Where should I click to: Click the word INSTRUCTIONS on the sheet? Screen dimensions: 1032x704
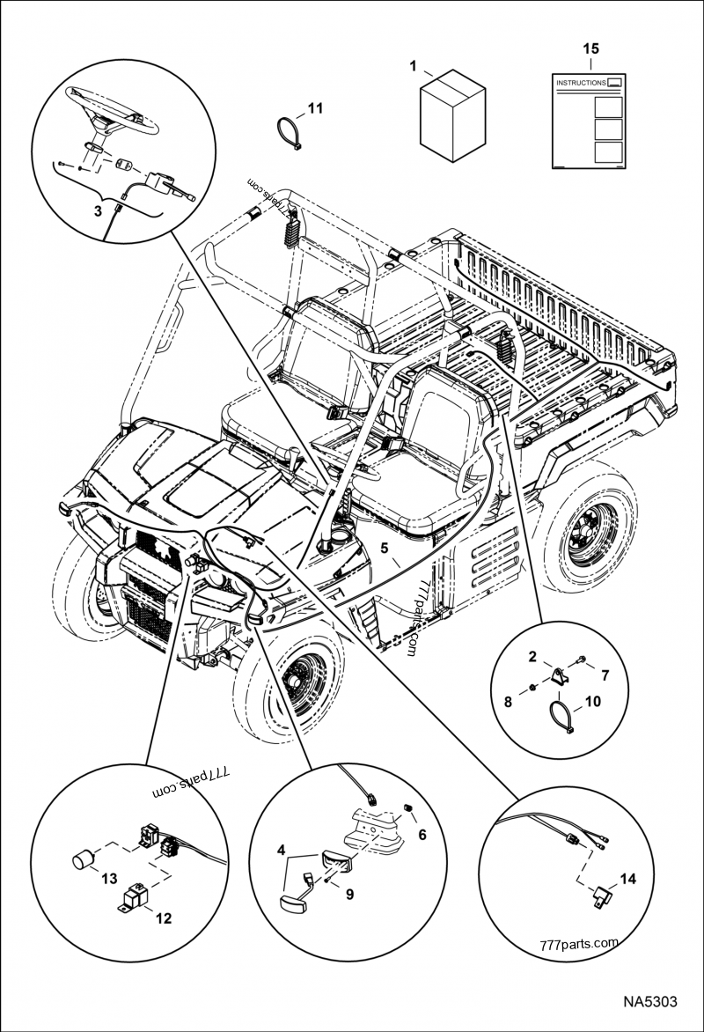coord(581,83)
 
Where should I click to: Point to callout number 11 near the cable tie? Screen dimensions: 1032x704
coord(315,109)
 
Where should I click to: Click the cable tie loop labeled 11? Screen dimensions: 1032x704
coord(287,133)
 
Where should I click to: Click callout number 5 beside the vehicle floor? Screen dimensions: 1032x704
coord(385,547)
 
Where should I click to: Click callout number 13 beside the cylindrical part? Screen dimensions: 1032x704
coord(108,878)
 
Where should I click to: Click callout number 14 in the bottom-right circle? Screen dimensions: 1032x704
coord(627,878)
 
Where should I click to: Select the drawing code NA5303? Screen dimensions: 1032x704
coord(650,1003)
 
